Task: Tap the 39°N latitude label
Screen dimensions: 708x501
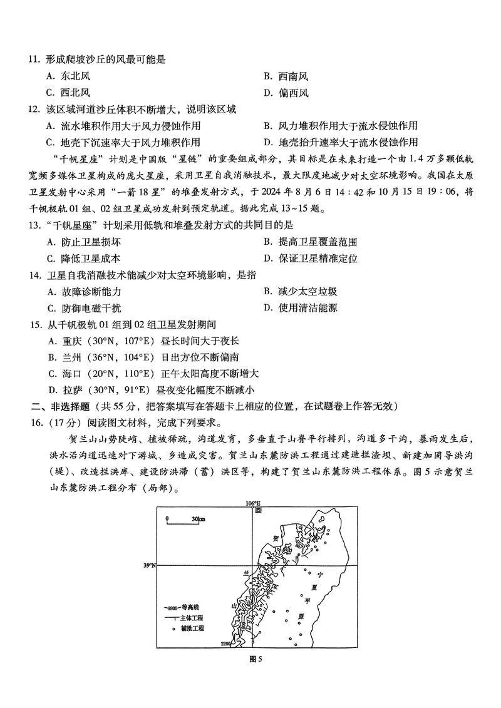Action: (148, 565)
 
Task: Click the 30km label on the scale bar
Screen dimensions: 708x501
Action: (199, 519)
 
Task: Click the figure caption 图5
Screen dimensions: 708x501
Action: (254, 659)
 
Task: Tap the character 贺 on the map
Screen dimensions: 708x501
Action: (276, 537)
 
